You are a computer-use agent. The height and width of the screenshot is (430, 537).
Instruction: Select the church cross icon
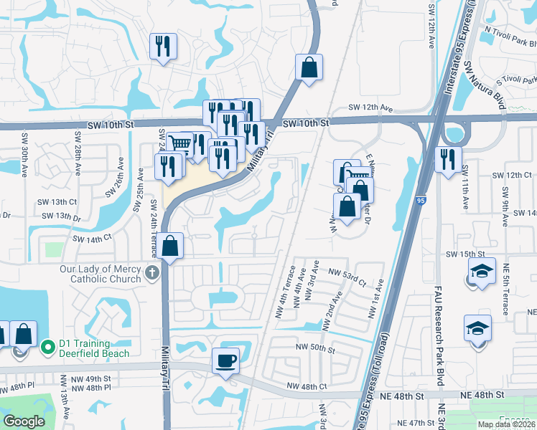[151, 273]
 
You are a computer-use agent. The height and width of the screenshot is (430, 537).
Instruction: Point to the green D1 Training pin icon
[48, 348]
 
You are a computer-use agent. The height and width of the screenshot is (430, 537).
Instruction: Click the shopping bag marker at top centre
[309, 68]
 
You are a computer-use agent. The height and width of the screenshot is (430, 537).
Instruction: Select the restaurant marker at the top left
[163, 47]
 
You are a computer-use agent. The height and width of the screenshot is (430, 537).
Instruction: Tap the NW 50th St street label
[316, 349]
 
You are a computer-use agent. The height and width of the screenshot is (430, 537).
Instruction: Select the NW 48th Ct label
[307, 387]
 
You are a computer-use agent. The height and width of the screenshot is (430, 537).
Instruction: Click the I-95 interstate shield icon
[419, 201]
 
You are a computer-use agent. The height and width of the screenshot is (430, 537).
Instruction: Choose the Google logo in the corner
[24, 421]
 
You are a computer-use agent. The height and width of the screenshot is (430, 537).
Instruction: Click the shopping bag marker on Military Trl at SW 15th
[171, 247]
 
